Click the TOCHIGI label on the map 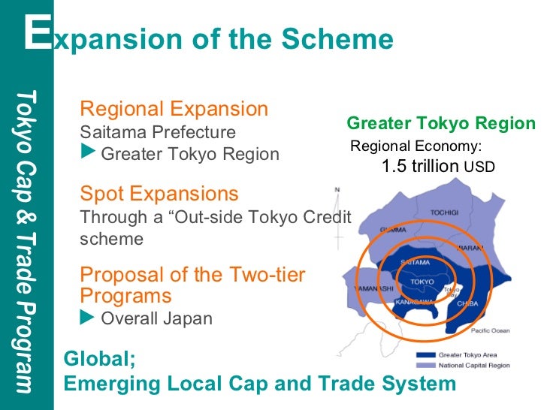[x=444, y=213]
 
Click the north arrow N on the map [x=338, y=189]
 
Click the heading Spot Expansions [x=159, y=194]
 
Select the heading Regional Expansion [x=174, y=109]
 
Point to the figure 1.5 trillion [x=420, y=166]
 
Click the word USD [x=479, y=167]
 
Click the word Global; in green [x=99, y=359]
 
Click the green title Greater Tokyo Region [x=441, y=124]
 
